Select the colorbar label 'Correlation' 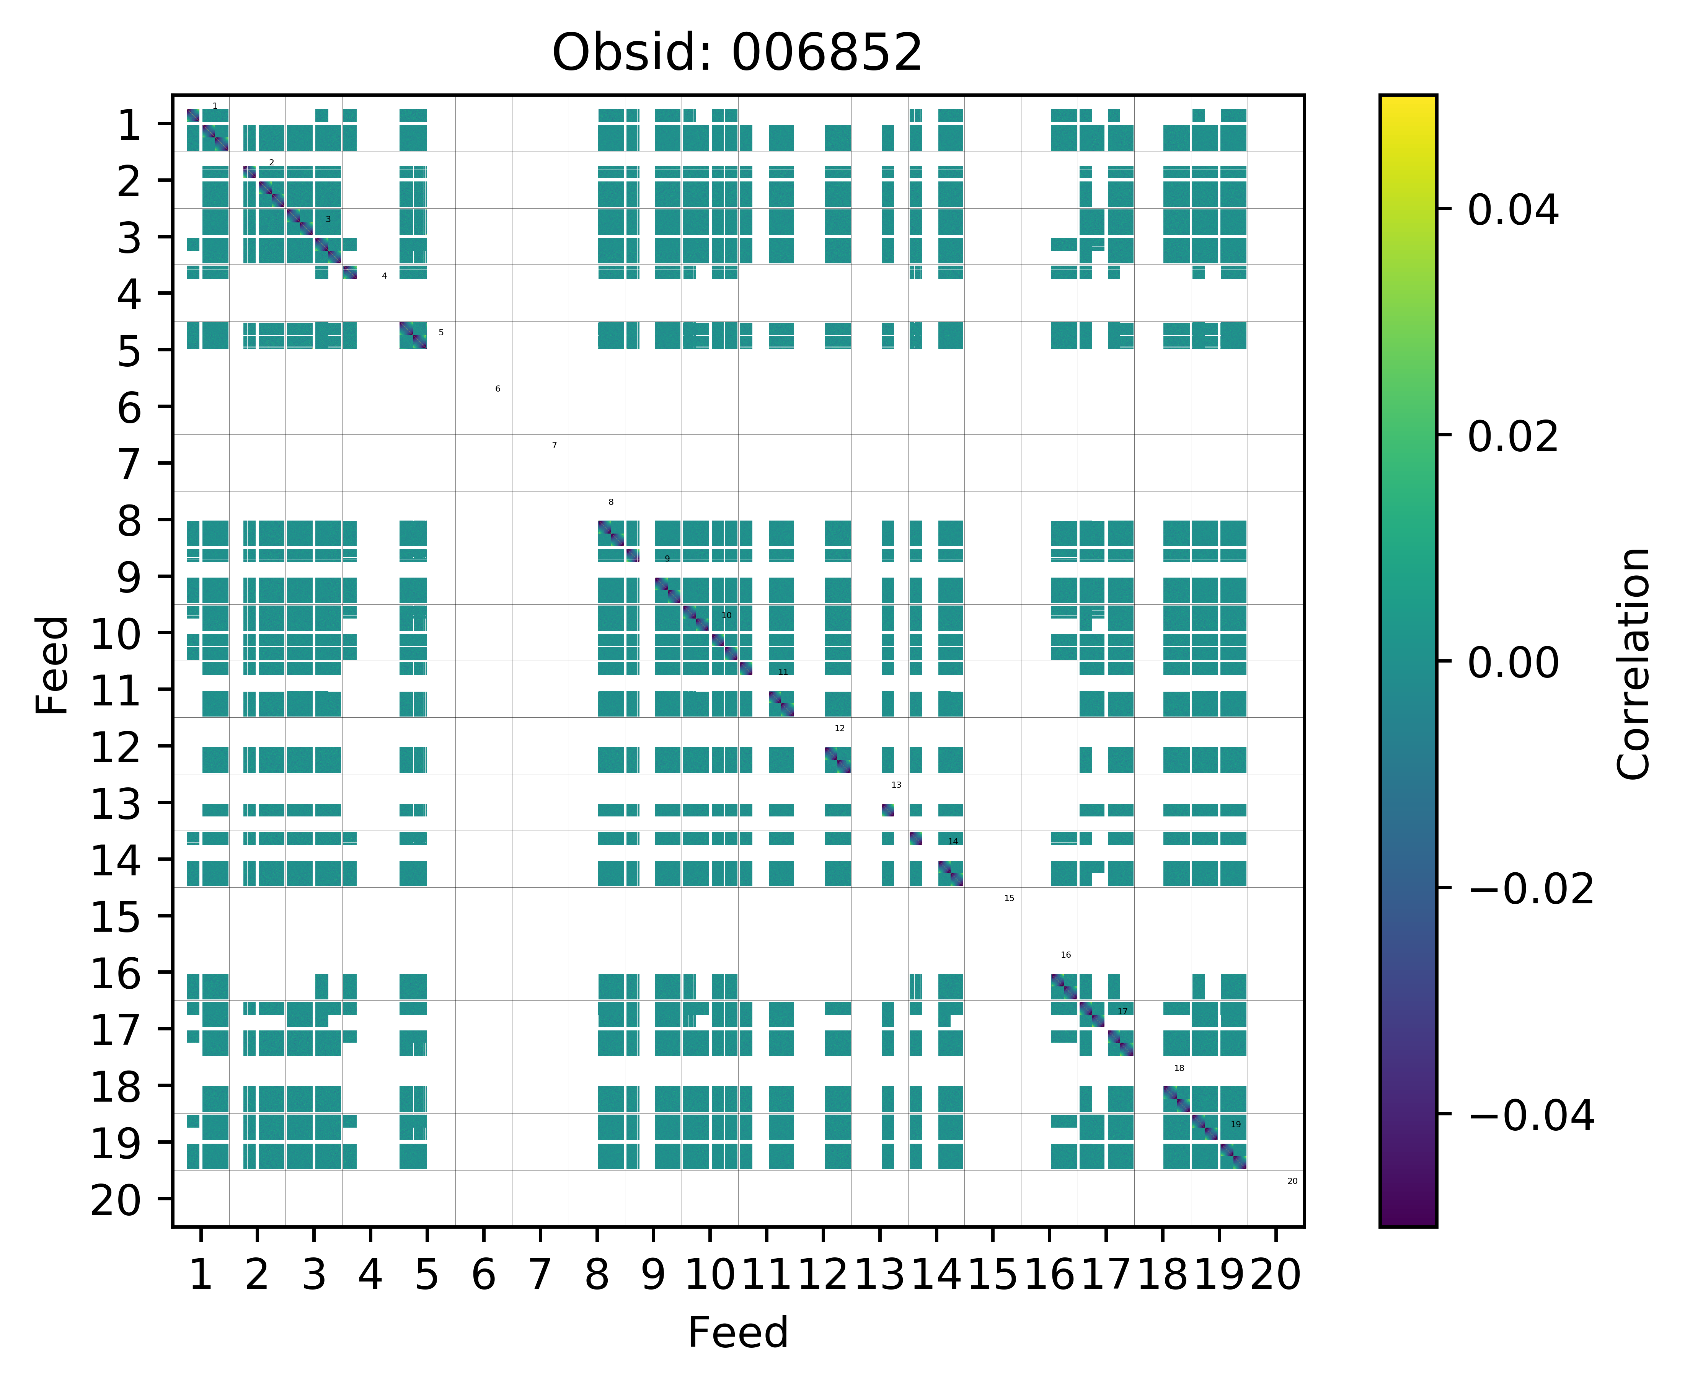1633,663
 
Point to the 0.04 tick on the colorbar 1512,211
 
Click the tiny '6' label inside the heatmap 497,389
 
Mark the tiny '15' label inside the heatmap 1009,898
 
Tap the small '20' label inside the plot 1292,1181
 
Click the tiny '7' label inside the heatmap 554,446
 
